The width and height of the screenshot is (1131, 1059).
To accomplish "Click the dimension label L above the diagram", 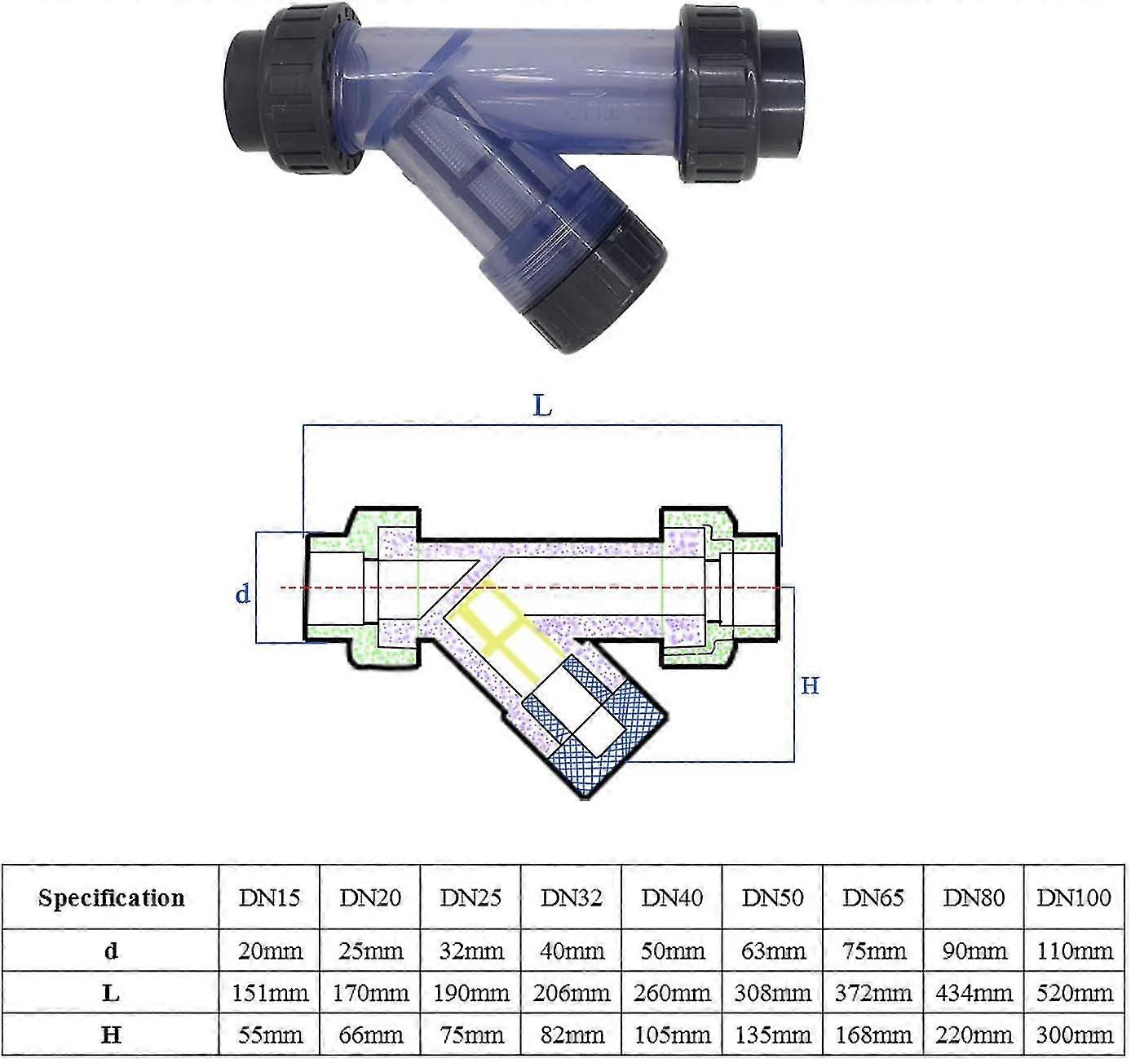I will (x=542, y=405).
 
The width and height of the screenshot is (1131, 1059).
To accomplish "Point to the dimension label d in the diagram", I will (x=243, y=594).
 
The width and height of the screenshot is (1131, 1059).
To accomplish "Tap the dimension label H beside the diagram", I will (x=809, y=685).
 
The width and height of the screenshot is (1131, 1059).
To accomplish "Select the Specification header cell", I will (x=111, y=897).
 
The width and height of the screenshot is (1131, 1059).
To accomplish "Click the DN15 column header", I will (x=269, y=897).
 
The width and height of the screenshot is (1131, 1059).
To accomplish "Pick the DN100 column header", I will (x=1073, y=897).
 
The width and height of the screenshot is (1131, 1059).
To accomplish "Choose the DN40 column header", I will (x=672, y=897).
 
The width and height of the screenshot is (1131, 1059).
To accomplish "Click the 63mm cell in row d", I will (x=772, y=950).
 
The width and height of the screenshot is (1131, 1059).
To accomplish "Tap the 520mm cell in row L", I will (x=1073, y=993).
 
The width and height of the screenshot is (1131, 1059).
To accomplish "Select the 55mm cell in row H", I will (x=269, y=1035).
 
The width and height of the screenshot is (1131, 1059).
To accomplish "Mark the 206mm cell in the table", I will (x=571, y=993).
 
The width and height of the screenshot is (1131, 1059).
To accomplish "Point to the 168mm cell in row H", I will (x=873, y=1035).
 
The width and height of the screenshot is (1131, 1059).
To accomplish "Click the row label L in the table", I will (x=111, y=993).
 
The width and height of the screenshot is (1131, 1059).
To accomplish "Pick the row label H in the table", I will (x=111, y=1035).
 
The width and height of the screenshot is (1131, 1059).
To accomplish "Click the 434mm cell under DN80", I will (x=973, y=993).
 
